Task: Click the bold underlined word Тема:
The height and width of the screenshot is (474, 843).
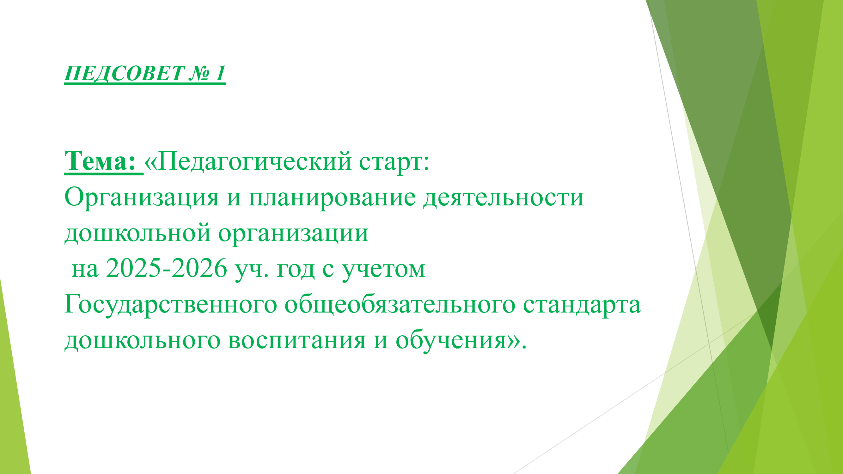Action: click(100, 161)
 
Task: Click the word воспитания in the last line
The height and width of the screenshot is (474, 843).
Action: click(296, 341)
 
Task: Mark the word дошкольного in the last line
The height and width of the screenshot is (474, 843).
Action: click(142, 341)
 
